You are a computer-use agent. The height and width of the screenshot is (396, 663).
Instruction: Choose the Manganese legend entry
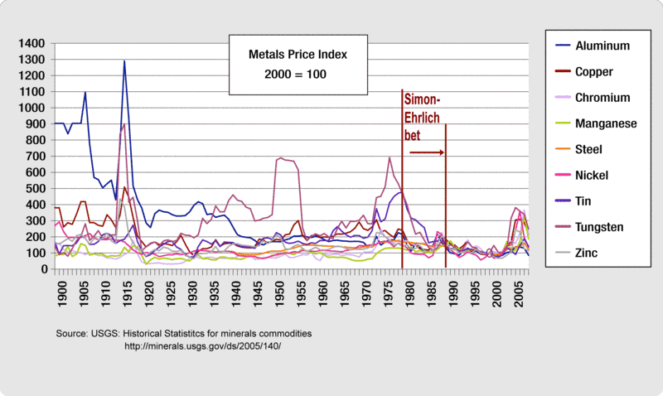(607, 123)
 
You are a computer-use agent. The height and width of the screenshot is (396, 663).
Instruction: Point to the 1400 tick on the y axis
(32, 43)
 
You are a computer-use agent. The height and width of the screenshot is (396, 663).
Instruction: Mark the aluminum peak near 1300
(124, 60)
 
